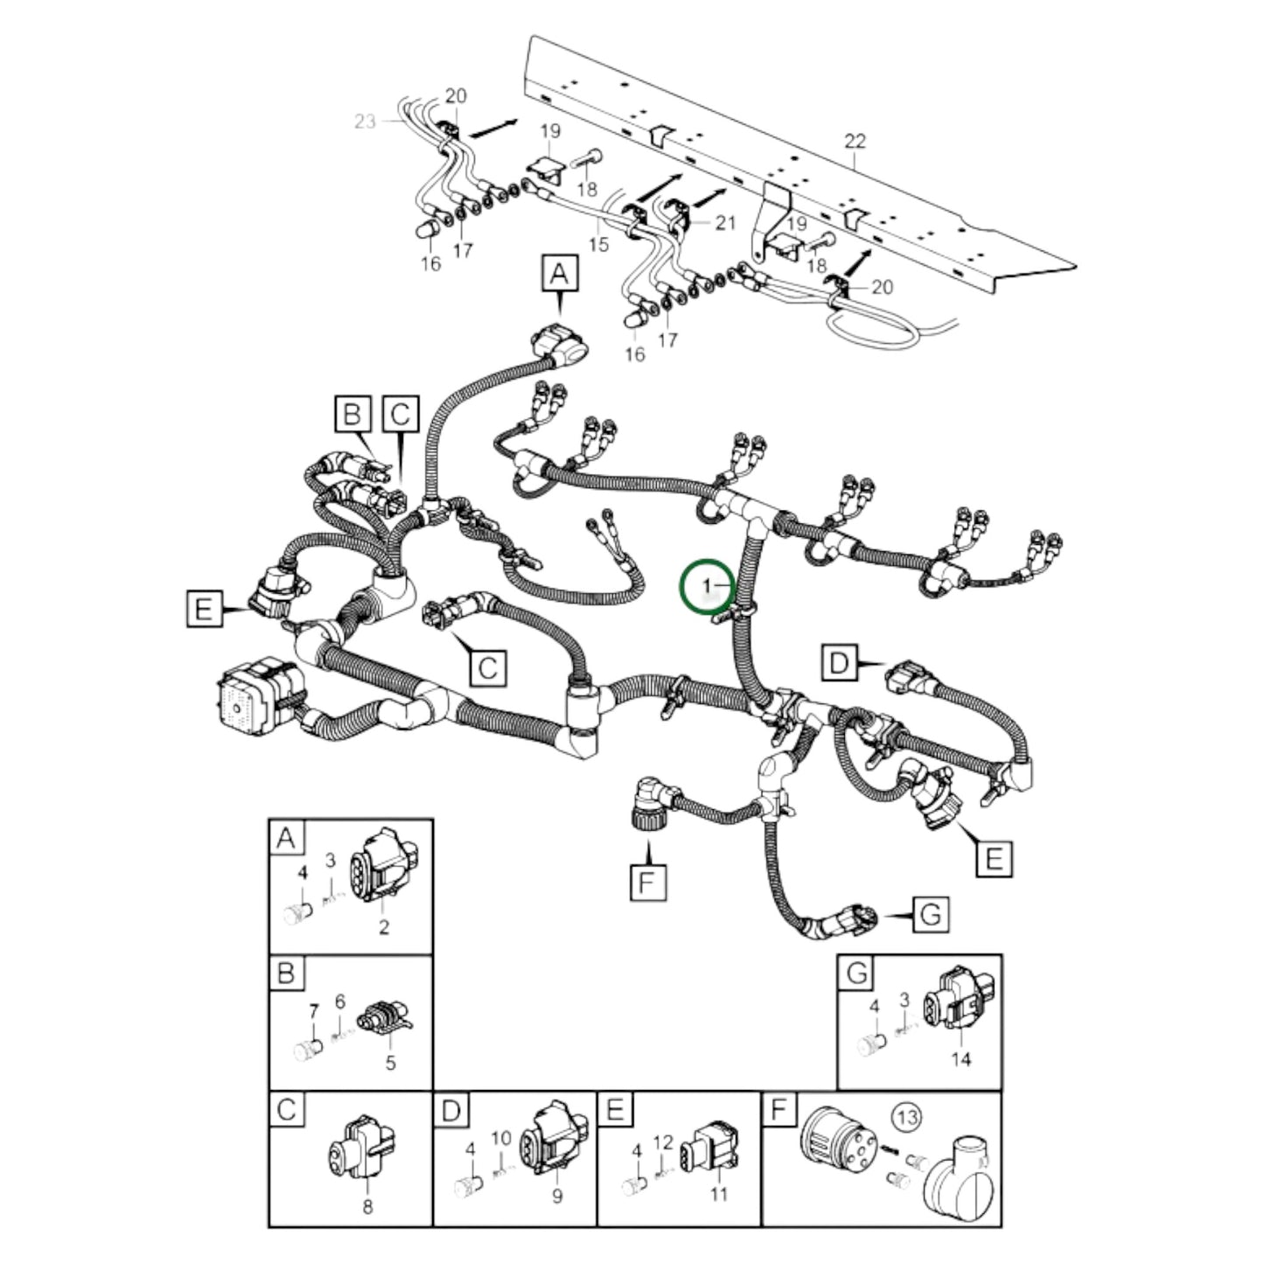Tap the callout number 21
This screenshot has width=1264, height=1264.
tap(724, 223)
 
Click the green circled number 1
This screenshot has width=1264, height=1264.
tap(707, 583)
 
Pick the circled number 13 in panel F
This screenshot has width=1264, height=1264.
tap(906, 1117)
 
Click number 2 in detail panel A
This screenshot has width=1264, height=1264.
tap(383, 928)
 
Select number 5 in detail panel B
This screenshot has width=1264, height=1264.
tap(390, 1063)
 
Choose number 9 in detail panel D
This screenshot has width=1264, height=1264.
tap(556, 1196)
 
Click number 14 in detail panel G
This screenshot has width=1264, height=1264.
tap(960, 1059)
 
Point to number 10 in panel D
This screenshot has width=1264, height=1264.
tap(500, 1138)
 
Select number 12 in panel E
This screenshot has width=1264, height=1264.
tap(663, 1142)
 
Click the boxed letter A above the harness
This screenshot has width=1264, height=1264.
tap(560, 273)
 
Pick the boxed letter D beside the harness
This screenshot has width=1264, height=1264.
tap(839, 662)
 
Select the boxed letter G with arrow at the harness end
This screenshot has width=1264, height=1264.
tap(930, 916)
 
